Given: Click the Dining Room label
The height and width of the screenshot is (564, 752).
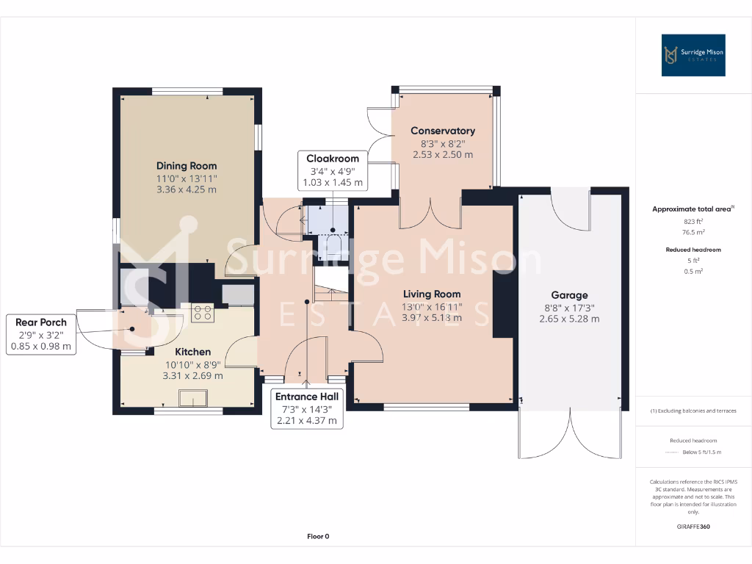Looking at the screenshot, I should click(x=187, y=166).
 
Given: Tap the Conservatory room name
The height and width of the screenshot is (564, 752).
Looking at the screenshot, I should click(x=442, y=131).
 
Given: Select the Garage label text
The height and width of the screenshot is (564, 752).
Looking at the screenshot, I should click(x=569, y=295).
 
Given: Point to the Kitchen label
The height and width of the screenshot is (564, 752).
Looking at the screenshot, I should click(x=193, y=352).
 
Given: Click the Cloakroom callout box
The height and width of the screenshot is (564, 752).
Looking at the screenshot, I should click(x=333, y=170).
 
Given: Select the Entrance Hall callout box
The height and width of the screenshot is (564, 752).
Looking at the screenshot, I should click(x=307, y=408).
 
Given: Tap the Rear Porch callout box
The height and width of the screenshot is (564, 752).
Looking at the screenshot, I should click(x=43, y=334).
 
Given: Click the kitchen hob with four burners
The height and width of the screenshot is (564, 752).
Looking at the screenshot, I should click(x=202, y=314).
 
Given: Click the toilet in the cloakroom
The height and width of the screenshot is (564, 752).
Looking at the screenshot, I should click(x=334, y=245).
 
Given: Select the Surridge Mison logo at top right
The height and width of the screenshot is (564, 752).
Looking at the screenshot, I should click(x=693, y=55).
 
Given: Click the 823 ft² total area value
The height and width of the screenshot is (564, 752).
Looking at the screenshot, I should click(x=693, y=221).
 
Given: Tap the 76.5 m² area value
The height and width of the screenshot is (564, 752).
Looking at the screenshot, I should click(x=693, y=232).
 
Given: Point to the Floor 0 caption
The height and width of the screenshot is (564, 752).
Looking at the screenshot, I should click(x=317, y=536).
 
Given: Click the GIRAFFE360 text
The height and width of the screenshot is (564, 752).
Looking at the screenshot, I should click(x=693, y=527).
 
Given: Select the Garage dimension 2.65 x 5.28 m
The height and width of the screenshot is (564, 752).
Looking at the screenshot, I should click(x=569, y=319).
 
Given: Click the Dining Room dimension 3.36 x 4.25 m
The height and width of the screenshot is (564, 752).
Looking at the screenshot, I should click(x=187, y=189).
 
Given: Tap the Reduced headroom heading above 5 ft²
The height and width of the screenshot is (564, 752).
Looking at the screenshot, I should click(x=693, y=250).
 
